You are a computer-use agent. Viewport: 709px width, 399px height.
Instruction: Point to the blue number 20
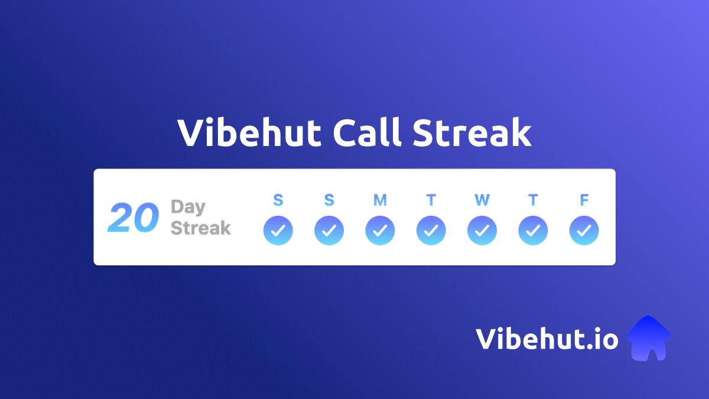pyautogui.click(x=133, y=218)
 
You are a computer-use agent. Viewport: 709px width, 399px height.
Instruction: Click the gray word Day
pyautogui.click(x=188, y=207)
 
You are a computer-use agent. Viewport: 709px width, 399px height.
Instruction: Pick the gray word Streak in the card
pyautogui.click(x=201, y=228)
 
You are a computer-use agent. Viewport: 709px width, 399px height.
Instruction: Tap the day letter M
pyautogui.click(x=380, y=200)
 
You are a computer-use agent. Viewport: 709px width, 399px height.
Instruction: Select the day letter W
pyautogui.click(x=482, y=200)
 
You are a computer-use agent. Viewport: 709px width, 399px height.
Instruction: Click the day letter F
pyautogui.click(x=584, y=200)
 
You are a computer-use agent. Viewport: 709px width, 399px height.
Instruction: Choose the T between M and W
pyautogui.click(x=431, y=200)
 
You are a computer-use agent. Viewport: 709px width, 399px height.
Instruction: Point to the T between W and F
pyautogui.click(x=533, y=200)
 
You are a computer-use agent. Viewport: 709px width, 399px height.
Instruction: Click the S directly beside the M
pyautogui.click(x=329, y=200)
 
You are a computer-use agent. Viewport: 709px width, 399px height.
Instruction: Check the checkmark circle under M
pyautogui.click(x=380, y=231)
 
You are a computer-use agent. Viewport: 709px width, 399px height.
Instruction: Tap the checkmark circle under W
pyautogui.click(x=482, y=231)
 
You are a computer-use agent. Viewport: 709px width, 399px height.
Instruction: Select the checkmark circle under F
pyautogui.click(x=584, y=231)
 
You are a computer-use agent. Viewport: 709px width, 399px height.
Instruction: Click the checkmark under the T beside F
pyautogui.click(x=533, y=231)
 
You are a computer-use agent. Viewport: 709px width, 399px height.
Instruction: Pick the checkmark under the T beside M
pyautogui.click(x=431, y=231)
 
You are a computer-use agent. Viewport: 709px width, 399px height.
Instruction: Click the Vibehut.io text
pyautogui.click(x=547, y=339)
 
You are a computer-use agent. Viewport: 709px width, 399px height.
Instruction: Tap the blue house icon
pyautogui.click(x=648, y=338)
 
